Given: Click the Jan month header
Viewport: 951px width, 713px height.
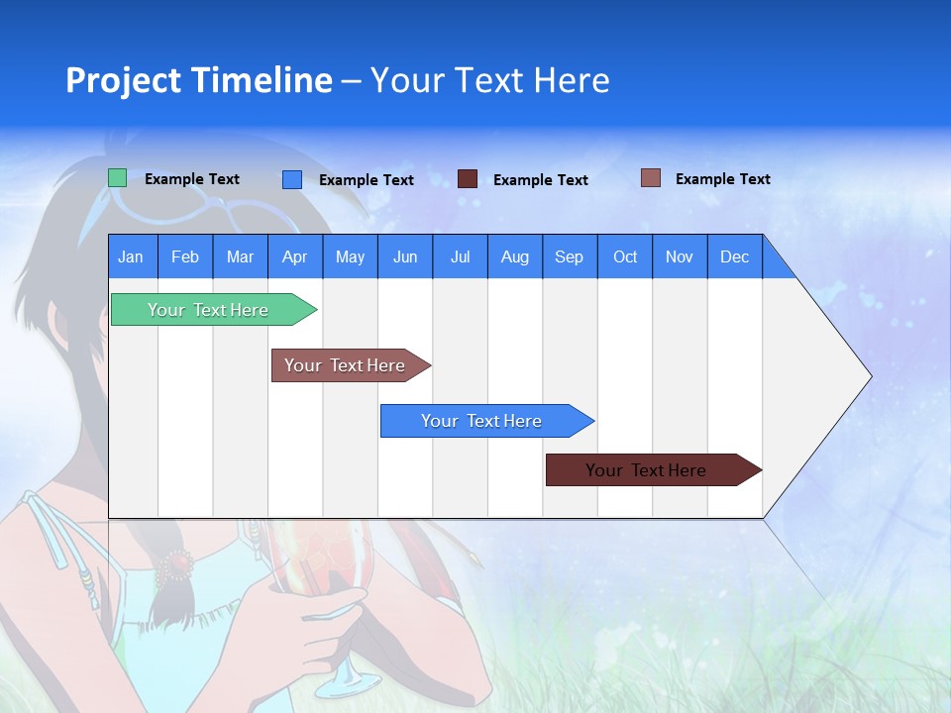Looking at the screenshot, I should click(x=132, y=256).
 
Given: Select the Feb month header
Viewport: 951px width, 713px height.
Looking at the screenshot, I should click(x=185, y=256).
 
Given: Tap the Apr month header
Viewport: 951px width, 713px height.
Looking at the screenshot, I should click(x=295, y=256).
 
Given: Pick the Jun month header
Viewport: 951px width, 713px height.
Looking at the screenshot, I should click(x=405, y=256).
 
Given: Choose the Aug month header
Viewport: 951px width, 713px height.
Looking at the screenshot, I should click(x=515, y=256).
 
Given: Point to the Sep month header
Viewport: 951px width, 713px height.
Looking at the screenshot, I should click(x=570, y=256).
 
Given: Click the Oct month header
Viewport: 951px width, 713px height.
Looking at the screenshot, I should click(x=625, y=256).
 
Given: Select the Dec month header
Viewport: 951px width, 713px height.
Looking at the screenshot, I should click(x=735, y=256).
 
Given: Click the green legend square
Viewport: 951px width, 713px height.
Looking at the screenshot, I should click(x=118, y=178).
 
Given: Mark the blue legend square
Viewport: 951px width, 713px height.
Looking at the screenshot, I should click(x=292, y=179).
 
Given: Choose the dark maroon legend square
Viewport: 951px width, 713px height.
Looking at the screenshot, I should click(x=468, y=179).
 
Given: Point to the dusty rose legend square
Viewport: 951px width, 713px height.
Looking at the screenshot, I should click(x=651, y=178).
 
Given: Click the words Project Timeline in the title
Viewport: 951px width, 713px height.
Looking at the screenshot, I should click(x=199, y=80).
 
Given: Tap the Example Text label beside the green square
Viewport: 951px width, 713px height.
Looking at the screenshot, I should click(x=192, y=179).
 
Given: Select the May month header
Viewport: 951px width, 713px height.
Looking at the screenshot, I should click(x=350, y=256).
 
